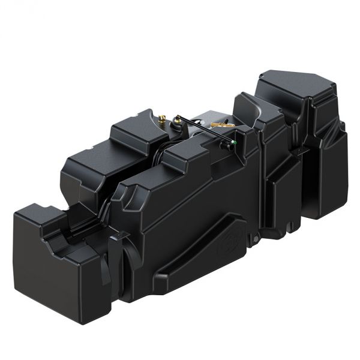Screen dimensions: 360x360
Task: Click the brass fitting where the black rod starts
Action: coord(179,119)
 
